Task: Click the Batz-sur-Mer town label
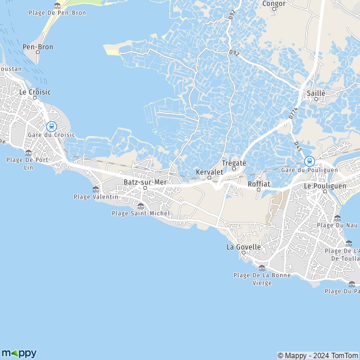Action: pos(144,181)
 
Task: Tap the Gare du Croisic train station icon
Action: pos(52,127)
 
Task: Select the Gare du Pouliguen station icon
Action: pos(309,161)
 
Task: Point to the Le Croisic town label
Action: pos(35,92)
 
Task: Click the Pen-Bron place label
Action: pos(37,46)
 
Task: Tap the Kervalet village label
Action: pos(209,172)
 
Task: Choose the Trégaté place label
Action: pos(234,163)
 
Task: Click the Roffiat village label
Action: pos(259,184)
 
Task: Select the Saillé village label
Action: pos(316,94)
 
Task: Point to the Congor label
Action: pos(274,3)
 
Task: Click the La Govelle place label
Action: pos(243,247)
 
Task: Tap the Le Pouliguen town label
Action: pos(323,186)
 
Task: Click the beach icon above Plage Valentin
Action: pos(96,190)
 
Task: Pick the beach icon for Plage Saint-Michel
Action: pos(140,206)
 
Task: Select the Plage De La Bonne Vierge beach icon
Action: pos(262,268)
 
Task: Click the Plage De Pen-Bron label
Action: pos(58,13)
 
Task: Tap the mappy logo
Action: pos(19,353)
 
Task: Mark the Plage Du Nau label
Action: pos(334,225)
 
